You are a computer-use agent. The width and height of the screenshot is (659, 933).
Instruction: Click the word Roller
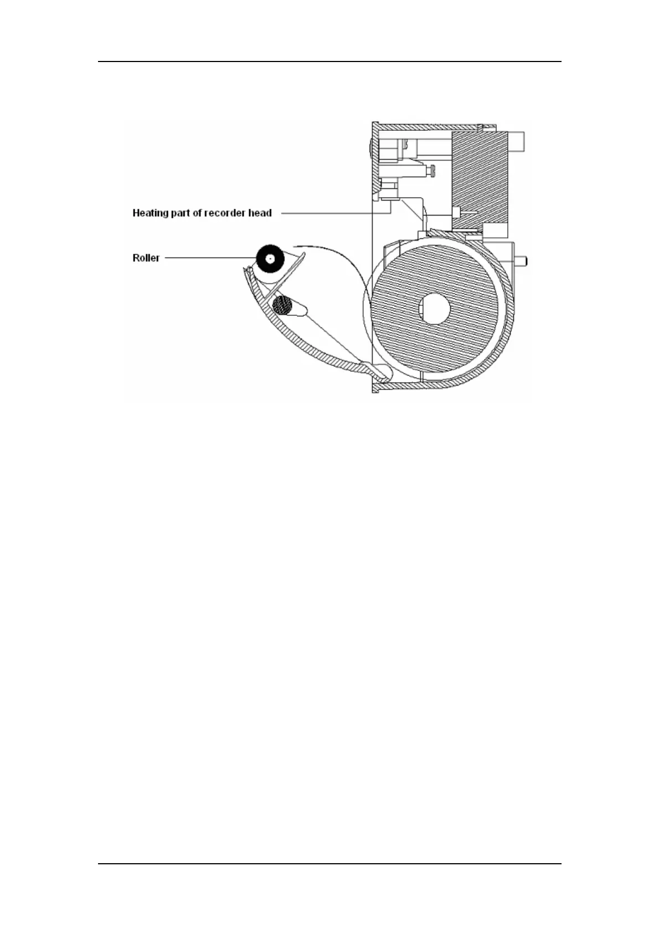click(146, 258)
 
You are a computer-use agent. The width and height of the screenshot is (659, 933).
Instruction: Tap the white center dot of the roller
click(270, 259)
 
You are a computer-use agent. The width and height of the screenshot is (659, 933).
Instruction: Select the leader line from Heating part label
click(332, 213)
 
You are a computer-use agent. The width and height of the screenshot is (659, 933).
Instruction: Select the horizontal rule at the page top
click(329, 61)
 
